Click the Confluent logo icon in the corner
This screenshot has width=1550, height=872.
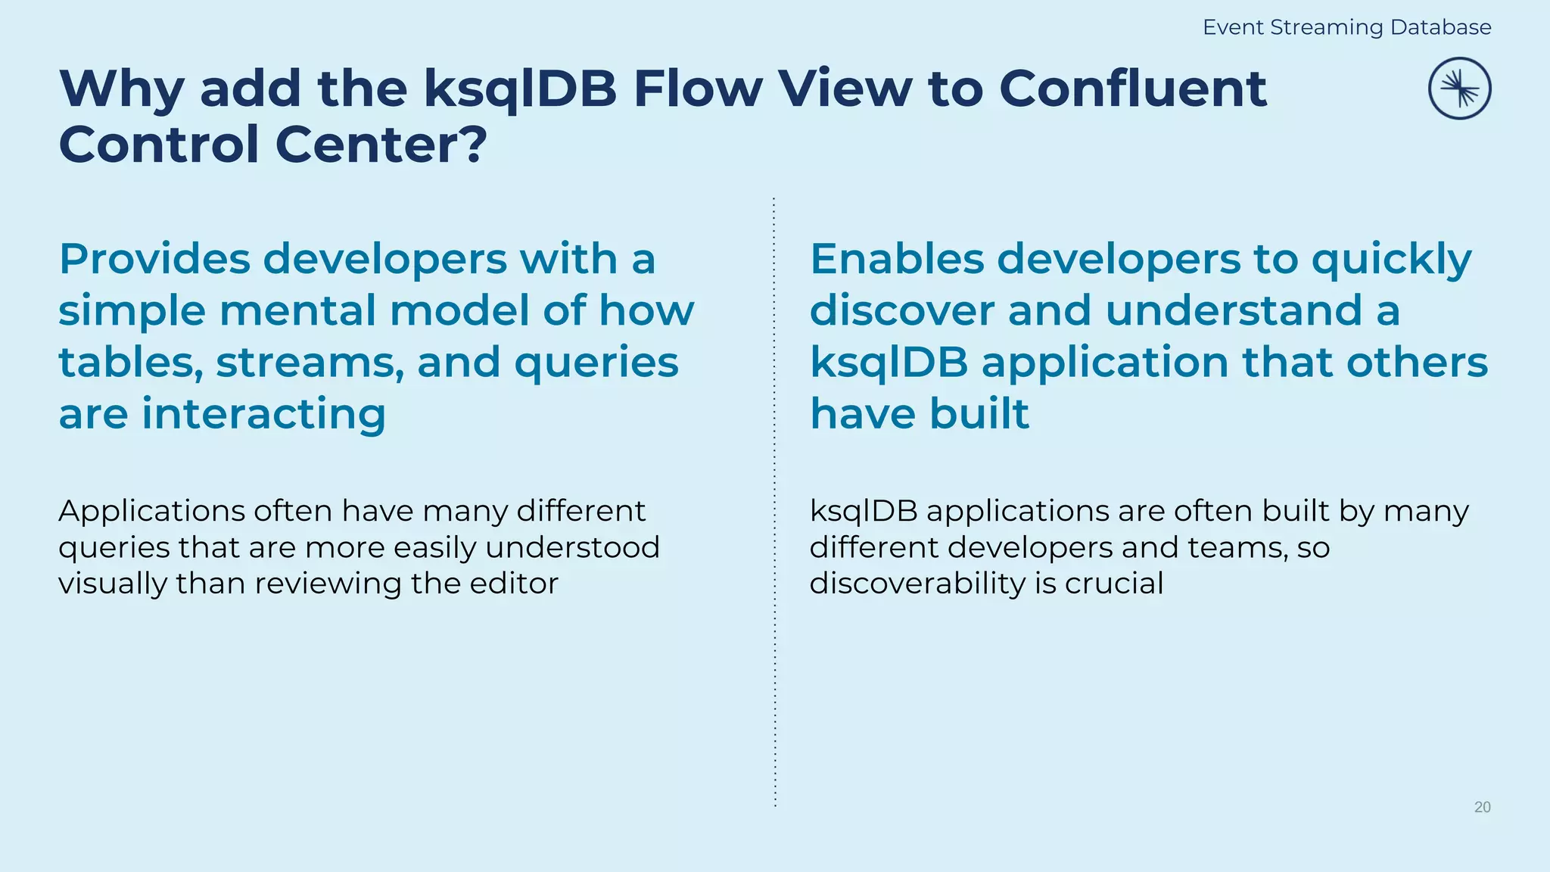pos(1459,89)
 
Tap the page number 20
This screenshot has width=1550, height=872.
pos(1482,807)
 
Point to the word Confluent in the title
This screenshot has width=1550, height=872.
pos(1132,89)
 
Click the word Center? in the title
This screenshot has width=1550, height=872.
pos(381,144)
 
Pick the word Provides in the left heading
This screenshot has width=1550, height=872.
pos(154,259)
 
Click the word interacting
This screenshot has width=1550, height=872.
pos(263,414)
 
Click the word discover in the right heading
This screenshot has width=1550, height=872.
pos(901,310)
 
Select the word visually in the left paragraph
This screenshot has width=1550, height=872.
pos(113,584)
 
